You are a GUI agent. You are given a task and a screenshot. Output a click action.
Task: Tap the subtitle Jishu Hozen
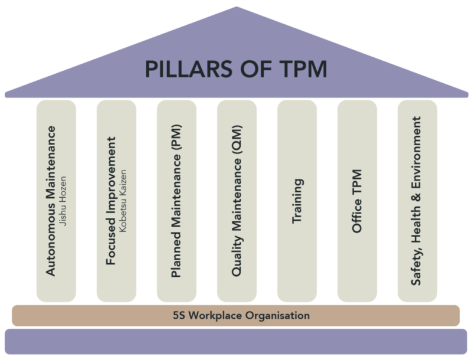pyautogui.click(x=66, y=200)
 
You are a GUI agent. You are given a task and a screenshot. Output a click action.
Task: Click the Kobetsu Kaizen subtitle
pyautogui.click(x=126, y=200)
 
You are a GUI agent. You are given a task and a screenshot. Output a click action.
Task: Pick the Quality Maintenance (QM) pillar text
pyautogui.click(x=236, y=200)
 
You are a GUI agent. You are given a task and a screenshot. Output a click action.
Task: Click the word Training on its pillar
pyautogui.click(x=297, y=201)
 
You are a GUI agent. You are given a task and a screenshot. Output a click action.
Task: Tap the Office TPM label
pyautogui.click(x=357, y=201)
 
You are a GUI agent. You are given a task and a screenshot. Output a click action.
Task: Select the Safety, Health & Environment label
pyautogui.click(x=417, y=200)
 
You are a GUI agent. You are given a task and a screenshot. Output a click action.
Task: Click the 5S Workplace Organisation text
pyautogui.click(x=236, y=316)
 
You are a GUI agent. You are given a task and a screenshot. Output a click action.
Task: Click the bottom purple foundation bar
pyautogui.click(x=236, y=343)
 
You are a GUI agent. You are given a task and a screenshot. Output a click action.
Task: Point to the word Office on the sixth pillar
pyautogui.click(x=357, y=218)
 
